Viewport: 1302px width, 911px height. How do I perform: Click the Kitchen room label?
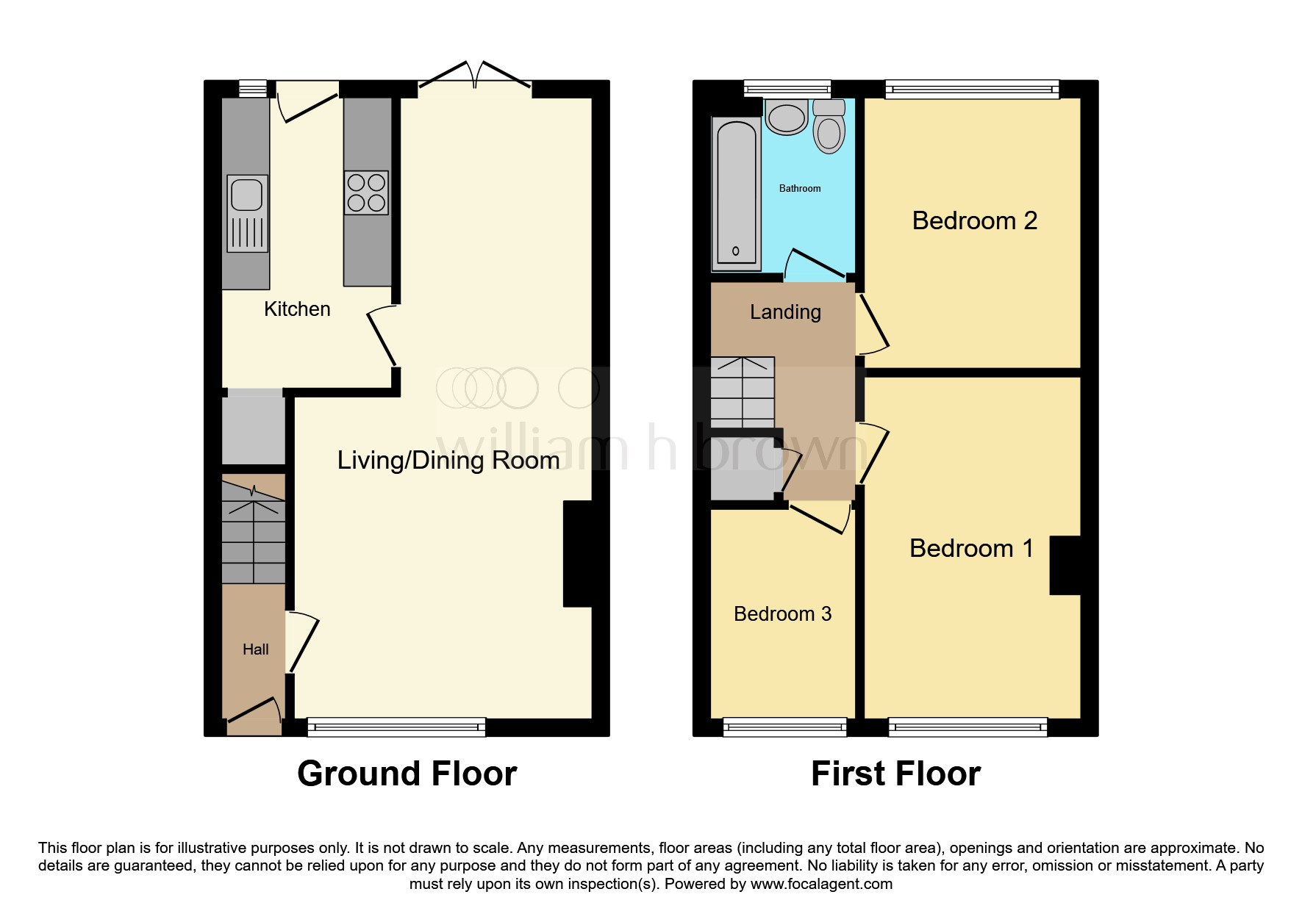click(297, 309)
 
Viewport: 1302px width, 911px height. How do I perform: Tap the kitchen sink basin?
click(246, 195)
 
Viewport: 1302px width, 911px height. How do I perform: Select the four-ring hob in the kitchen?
click(366, 192)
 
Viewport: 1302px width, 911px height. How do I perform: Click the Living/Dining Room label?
click(448, 461)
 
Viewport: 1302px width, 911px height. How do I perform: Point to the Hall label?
click(256, 649)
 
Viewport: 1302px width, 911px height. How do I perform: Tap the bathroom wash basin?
click(787, 117)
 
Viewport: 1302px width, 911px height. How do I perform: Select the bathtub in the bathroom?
click(736, 192)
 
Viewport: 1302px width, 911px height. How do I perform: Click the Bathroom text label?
click(800, 189)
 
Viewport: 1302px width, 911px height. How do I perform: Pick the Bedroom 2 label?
click(975, 220)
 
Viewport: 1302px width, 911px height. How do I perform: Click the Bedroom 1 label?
click(972, 548)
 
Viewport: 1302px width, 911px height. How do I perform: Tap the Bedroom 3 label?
click(783, 614)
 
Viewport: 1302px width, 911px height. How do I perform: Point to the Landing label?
click(785, 312)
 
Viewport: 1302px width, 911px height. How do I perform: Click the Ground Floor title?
click(407, 774)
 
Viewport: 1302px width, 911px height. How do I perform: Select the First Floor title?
click(895, 774)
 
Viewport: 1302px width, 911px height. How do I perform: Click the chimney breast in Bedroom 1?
click(1065, 565)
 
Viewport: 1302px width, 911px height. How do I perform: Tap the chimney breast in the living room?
click(578, 554)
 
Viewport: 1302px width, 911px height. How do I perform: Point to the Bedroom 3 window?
click(785, 727)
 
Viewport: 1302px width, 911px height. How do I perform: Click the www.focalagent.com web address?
click(821, 884)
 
